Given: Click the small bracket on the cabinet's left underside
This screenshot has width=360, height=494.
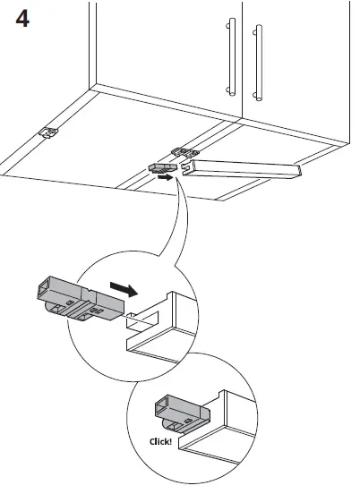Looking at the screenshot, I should tap(48, 133).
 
